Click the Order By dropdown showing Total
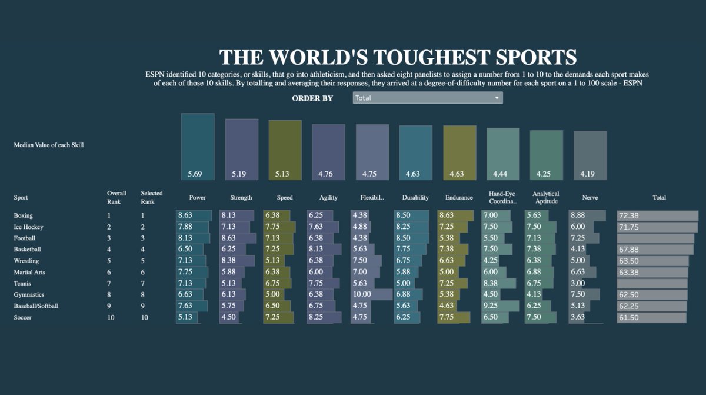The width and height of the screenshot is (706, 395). pos(427,98)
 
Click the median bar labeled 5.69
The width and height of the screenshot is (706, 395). pos(198,147)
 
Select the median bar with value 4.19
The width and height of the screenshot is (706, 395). pos(590,155)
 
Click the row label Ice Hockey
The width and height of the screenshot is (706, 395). pos(29,227)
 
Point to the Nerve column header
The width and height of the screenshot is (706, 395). pos(590,198)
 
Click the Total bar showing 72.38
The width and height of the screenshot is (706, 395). pos(657,216)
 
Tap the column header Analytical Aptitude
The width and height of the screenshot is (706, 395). pos(545,197)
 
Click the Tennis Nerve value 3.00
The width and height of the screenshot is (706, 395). pos(579,284)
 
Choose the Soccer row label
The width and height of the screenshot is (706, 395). pos(22,318)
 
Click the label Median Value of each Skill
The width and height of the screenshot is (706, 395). pos(49,145)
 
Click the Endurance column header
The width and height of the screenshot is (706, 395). pos(459,198)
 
